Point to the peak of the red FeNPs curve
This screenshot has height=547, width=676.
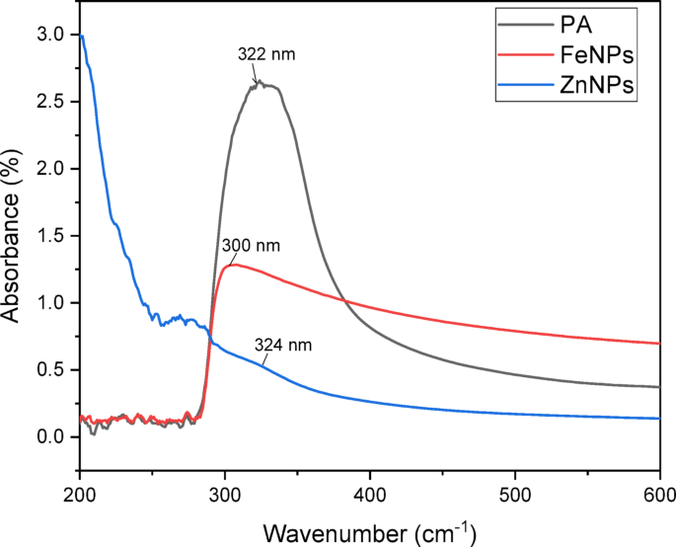(x=233, y=265)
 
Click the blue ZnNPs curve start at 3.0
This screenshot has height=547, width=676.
(x=81, y=37)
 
